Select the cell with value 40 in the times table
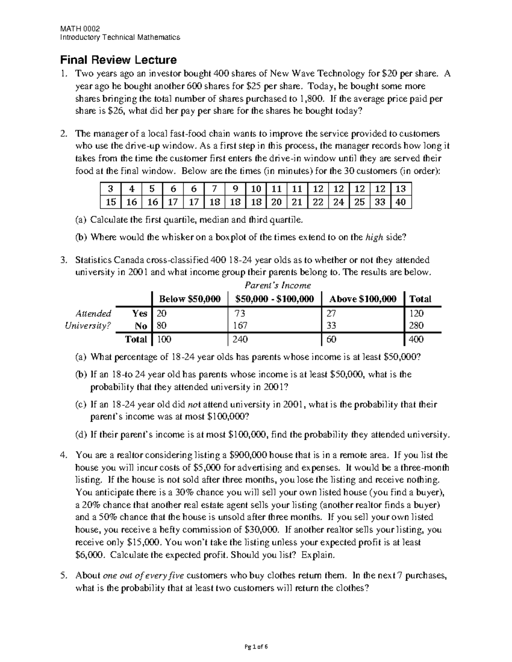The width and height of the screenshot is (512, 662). coord(401,202)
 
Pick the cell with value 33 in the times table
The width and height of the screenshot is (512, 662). coord(380,202)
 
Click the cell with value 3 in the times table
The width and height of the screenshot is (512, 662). coord(111,189)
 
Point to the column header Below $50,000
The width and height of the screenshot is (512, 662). coord(190,299)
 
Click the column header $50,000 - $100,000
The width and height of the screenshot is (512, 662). coord(274,299)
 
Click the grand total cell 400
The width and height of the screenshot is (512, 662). coord(416,339)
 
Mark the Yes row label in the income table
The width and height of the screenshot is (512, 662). coord(140,313)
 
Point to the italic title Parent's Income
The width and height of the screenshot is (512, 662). coord(277,285)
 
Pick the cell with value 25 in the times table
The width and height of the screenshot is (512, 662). coord(359,202)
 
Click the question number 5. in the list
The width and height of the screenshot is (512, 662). coord(64,575)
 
